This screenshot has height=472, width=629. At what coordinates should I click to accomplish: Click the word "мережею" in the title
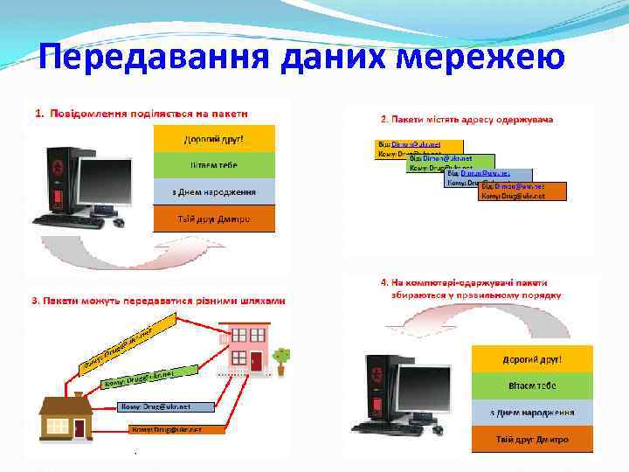click(x=482, y=59)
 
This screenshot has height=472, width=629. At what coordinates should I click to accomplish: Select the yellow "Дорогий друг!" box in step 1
click(x=214, y=138)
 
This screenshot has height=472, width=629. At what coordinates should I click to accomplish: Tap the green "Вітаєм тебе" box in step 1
click(x=214, y=165)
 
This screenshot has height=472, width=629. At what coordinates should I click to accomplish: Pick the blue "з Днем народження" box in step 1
click(x=214, y=191)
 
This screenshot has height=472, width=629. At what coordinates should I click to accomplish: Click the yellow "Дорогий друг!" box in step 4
click(x=532, y=359)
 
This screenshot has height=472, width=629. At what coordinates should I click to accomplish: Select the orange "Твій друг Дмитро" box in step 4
click(x=532, y=439)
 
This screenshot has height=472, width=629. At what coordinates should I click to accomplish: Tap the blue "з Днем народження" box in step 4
click(x=532, y=413)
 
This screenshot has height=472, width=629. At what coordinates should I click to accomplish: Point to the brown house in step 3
click(x=67, y=417)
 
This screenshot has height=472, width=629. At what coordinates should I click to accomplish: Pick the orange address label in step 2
click(x=523, y=191)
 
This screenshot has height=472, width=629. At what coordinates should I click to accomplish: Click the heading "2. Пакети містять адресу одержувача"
click(x=467, y=119)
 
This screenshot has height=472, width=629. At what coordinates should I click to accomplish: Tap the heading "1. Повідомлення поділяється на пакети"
click(x=142, y=113)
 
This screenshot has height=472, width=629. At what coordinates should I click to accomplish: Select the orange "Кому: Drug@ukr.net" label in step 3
click(x=177, y=430)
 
